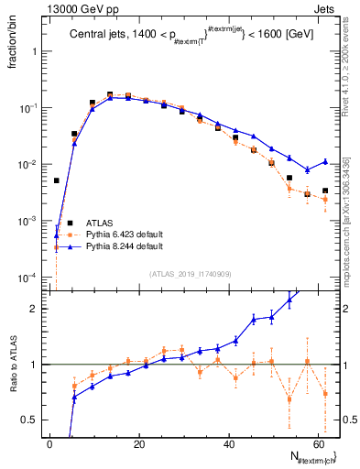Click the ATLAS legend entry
[93, 223]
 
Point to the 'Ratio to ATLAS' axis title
[13, 367]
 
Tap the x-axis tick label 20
[138, 444]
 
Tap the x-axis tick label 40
[227, 444]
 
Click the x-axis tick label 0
[49, 444]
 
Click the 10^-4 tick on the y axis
[30, 278]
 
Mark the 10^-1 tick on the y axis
[30, 108]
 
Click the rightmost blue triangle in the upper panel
[325, 161]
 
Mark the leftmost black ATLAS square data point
[57, 180]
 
